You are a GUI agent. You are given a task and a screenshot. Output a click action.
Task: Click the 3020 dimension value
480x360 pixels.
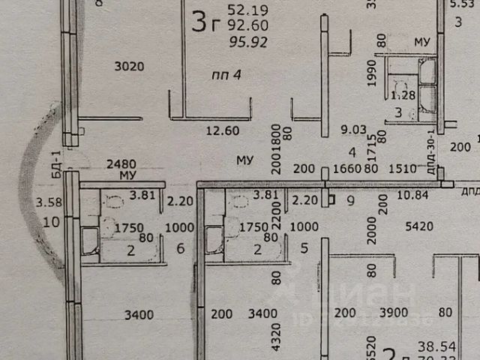tap(128, 66)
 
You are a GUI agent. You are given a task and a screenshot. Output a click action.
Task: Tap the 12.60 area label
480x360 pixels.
tap(222, 130)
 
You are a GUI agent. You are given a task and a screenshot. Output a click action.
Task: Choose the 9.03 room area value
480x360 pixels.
tap(353, 129)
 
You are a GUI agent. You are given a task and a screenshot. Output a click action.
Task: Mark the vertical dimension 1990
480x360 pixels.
tap(373, 76)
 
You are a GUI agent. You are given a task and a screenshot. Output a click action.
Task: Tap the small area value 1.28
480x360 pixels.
tap(403, 94)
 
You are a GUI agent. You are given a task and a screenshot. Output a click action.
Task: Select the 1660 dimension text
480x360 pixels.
tap(346, 169)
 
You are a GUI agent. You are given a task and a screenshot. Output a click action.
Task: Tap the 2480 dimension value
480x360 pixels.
tap(121, 163)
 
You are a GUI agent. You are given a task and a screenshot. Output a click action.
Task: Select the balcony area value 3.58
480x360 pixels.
tap(47, 201)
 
